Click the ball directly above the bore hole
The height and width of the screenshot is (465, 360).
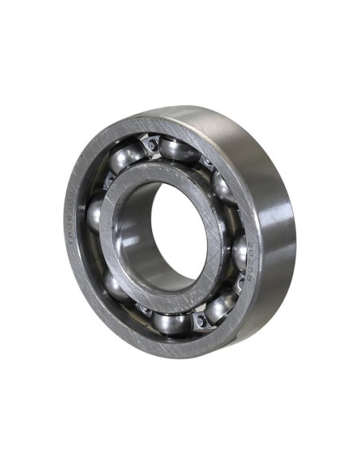(178, 149)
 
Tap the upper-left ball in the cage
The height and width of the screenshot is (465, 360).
(126, 158)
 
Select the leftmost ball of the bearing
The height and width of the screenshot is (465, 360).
(95, 215)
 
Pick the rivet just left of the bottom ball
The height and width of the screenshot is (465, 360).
(143, 311)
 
